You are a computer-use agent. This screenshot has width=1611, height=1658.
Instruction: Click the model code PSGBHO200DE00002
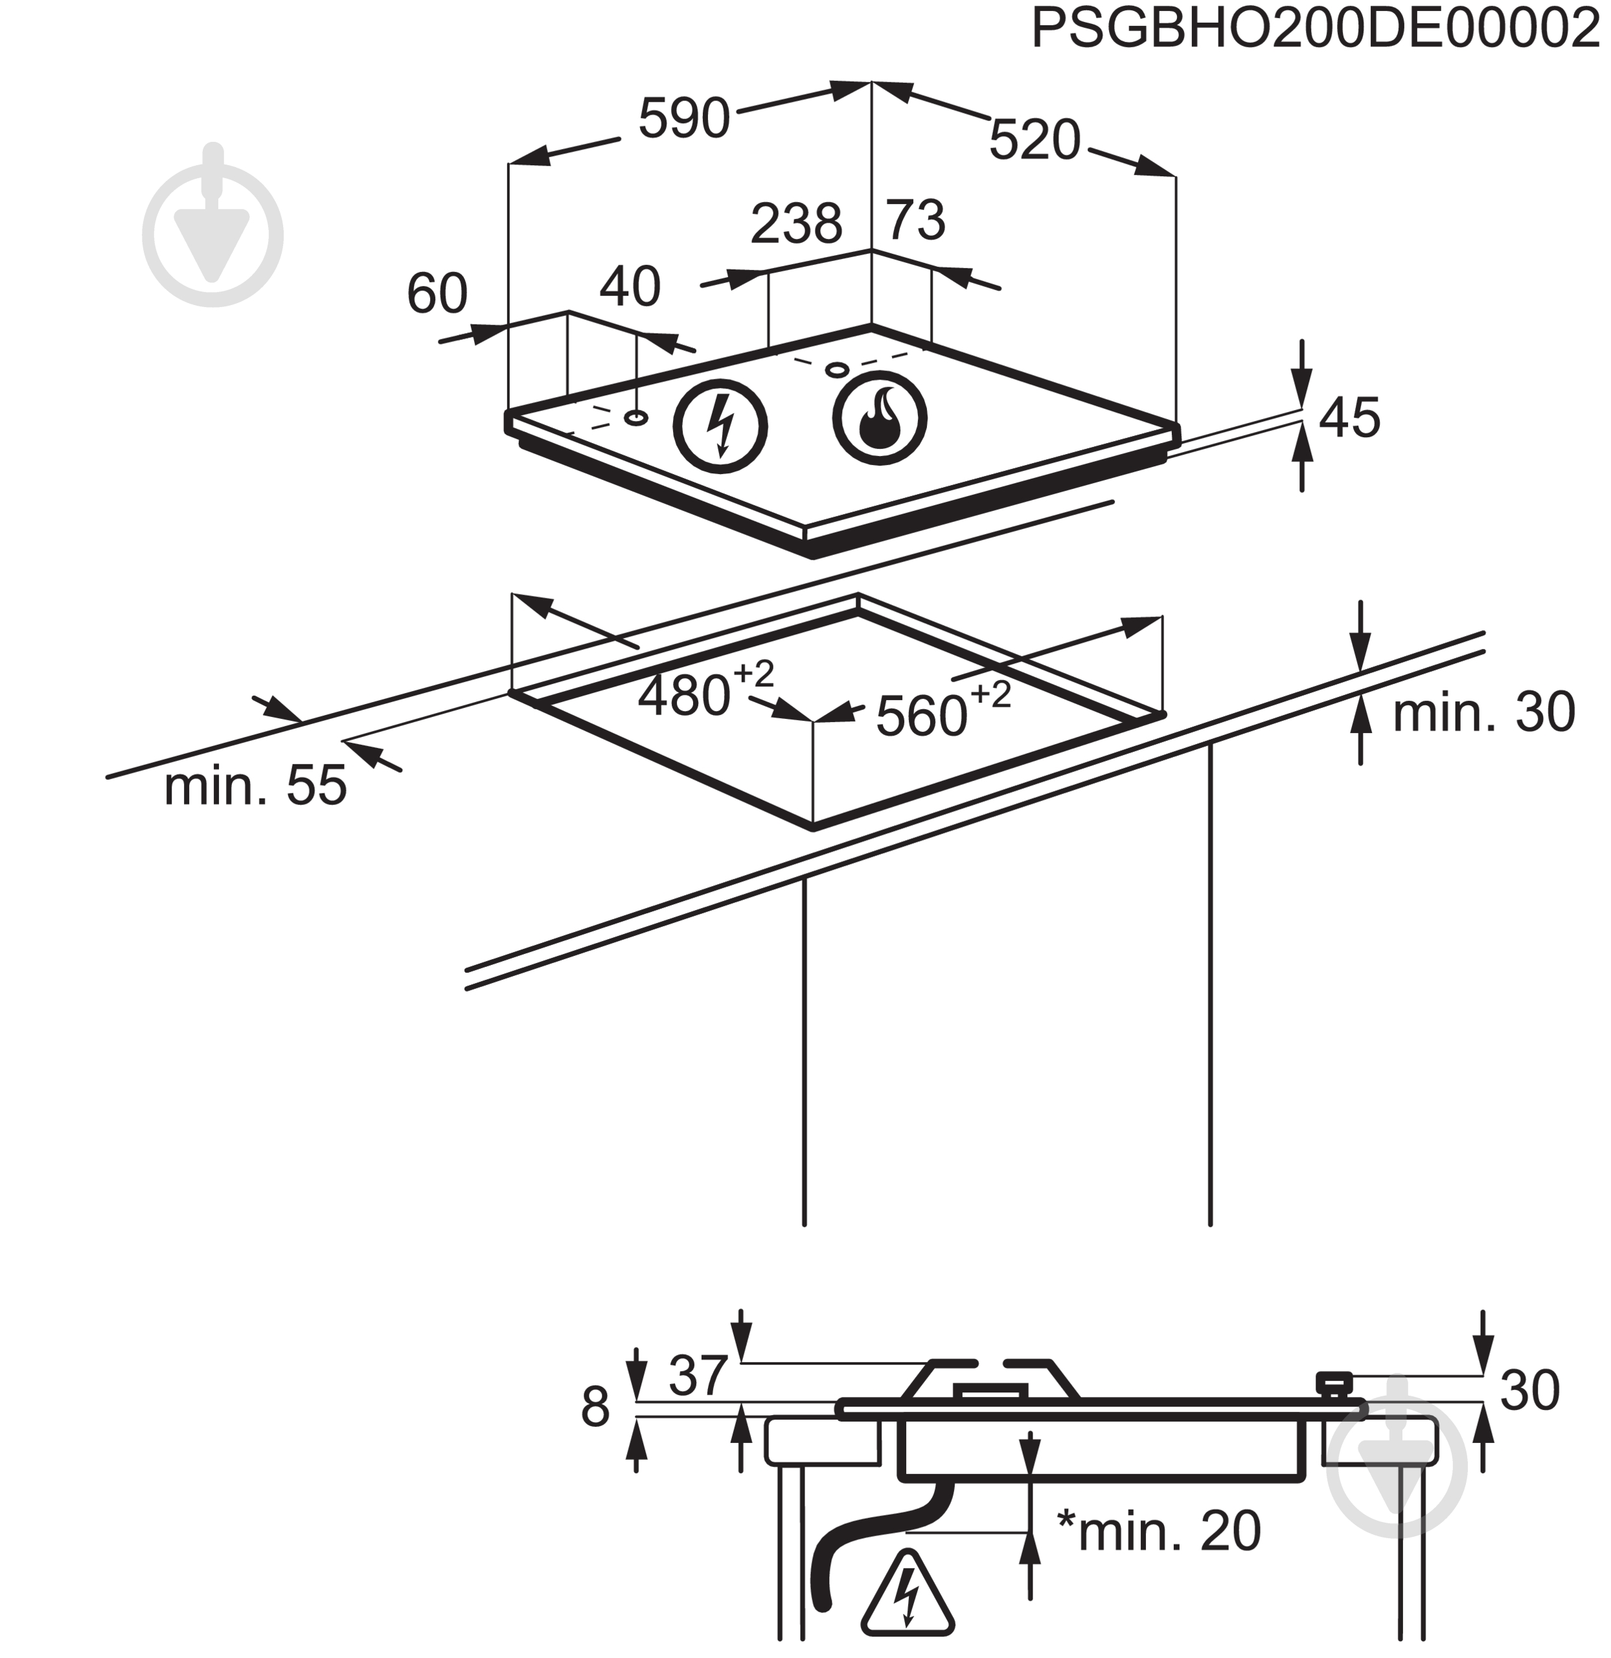[1316, 30]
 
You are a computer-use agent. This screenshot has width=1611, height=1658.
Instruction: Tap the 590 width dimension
[683, 119]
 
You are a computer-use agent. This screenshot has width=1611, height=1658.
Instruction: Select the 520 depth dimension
[1034, 140]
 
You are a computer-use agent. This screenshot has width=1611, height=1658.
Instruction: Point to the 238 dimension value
[796, 223]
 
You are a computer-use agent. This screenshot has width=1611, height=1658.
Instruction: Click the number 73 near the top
[915, 220]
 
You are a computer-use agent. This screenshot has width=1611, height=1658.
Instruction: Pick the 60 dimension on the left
[437, 293]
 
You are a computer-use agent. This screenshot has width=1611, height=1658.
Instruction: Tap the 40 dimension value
[630, 287]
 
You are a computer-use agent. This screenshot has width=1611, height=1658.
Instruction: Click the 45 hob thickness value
[1349, 417]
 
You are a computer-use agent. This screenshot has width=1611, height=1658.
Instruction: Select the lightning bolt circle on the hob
[720, 426]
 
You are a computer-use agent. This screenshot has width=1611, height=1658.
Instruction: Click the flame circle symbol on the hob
[879, 417]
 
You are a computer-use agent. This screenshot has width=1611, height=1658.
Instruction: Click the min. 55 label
[255, 785]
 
